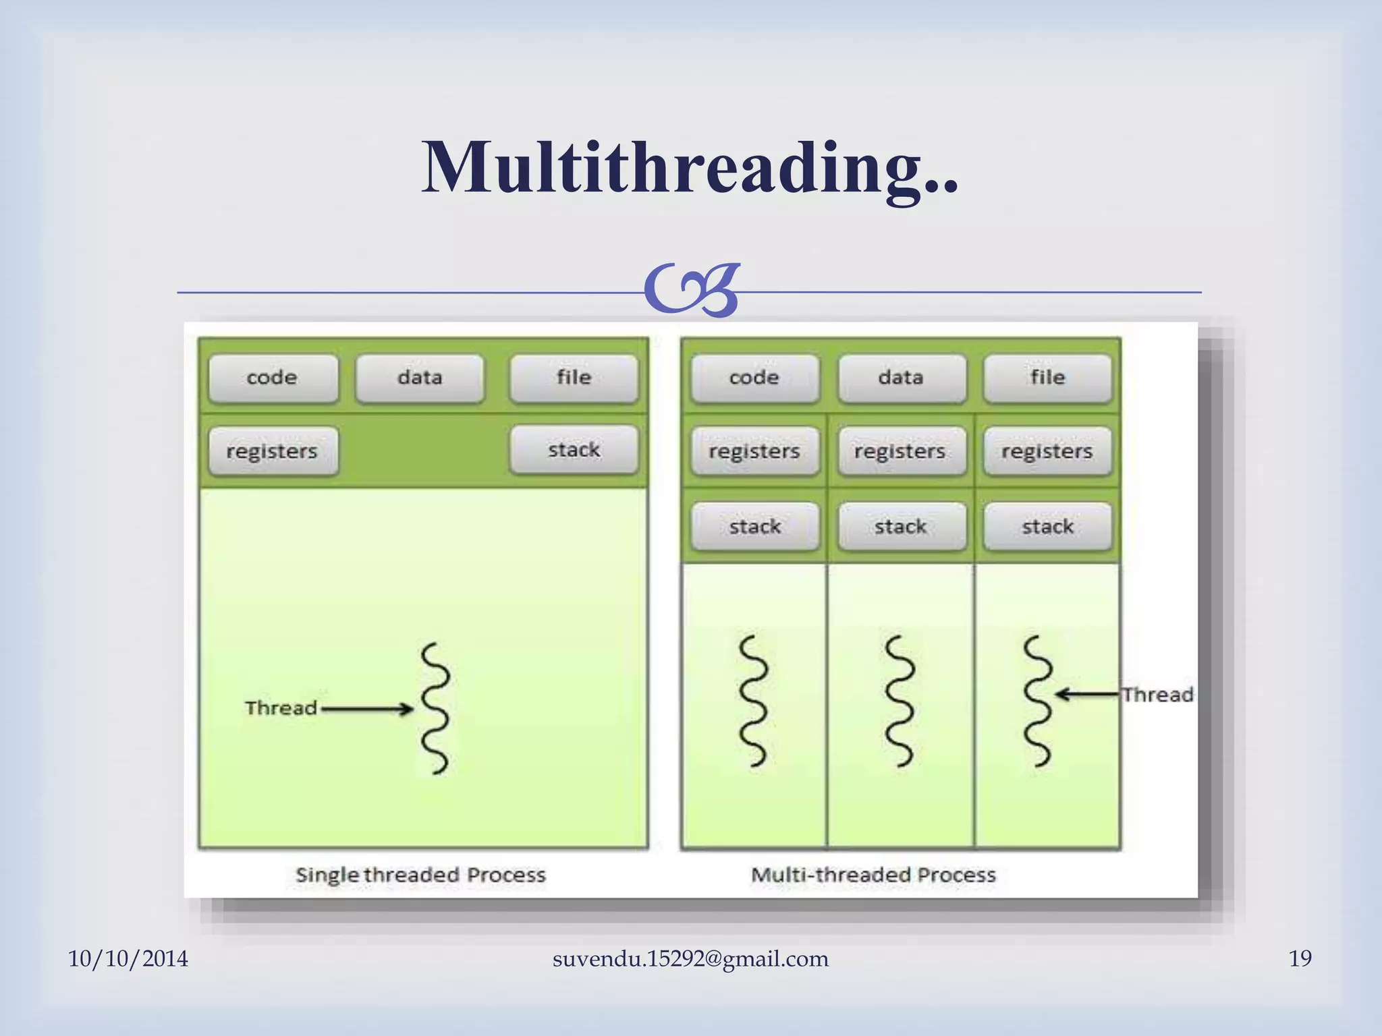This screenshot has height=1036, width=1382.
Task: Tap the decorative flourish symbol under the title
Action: [x=691, y=291]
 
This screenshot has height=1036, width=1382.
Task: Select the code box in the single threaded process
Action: [x=273, y=378]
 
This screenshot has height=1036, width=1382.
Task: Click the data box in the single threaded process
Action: [x=420, y=378]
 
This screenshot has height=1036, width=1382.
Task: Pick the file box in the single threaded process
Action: [x=574, y=378]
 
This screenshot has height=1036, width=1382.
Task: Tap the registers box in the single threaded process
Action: [x=273, y=451]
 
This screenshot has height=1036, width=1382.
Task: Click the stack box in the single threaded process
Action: [x=574, y=449]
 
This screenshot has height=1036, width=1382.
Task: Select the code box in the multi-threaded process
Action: [x=754, y=378]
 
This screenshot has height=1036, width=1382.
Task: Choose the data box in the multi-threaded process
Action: [x=901, y=378]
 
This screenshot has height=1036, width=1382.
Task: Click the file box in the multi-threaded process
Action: [x=1047, y=378]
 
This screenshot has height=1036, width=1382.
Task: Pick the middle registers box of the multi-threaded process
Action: [x=901, y=451]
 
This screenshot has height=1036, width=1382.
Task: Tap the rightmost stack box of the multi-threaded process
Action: [x=1047, y=526]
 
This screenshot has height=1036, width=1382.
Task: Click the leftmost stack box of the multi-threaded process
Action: [x=754, y=526]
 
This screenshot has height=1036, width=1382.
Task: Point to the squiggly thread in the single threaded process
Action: [x=436, y=708]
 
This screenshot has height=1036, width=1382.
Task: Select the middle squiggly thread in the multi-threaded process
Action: [x=900, y=701]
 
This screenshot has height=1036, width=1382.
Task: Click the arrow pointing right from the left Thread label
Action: [x=368, y=709]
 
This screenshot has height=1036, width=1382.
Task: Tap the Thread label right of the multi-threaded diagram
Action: [x=1158, y=695]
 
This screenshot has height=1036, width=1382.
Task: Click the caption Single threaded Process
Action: [x=420, y=875]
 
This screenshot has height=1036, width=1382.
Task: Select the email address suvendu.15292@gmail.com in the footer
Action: [x=690, y=958]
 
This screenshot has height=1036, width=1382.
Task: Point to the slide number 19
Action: [x=1300, y=958]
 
